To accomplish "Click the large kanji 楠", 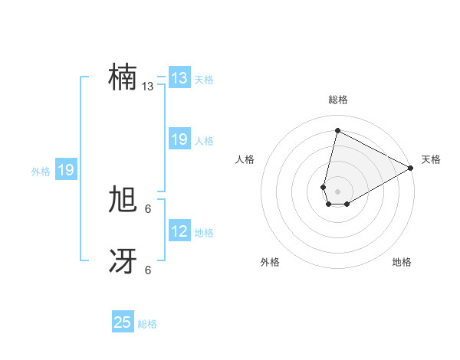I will click(123, 77).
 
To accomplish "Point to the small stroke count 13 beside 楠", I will click(147, 87).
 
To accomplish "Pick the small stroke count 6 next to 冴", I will click(148, 270).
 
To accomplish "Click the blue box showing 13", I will click(179, 78).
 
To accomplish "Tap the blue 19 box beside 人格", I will click(179, 139).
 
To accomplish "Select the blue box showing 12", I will click(179, 231).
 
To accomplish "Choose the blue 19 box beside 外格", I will click(66, 170).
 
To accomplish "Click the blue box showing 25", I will click(123, 322).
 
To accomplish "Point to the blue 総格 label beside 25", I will click(147, 324).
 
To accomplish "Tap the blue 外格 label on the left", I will click(41, 172).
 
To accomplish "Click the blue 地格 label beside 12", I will click(204, 233).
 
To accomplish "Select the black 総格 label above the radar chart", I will click(337, 100).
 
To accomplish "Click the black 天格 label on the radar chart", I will click(431, 159).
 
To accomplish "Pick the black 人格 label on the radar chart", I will click(245, 159).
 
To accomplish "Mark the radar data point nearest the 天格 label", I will click(411, 168).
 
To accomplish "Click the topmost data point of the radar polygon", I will click(337, 130).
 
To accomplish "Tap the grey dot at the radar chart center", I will click(337, 191).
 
